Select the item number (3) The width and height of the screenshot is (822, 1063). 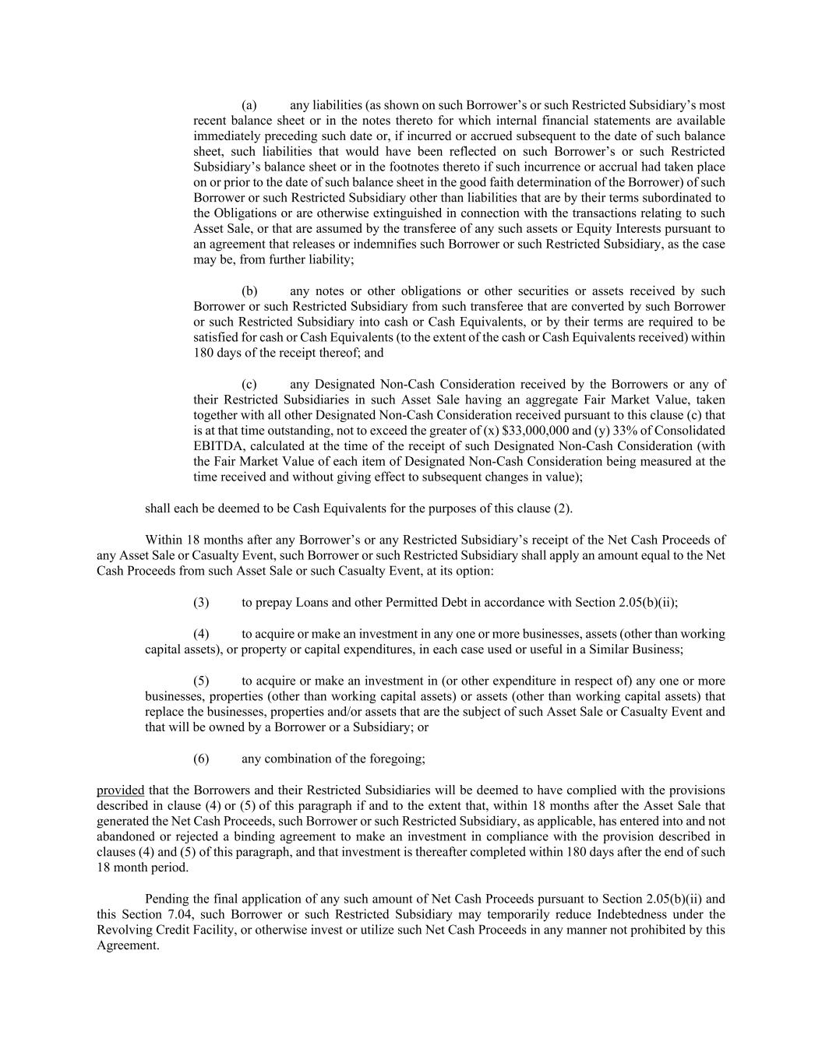tap(201, 602)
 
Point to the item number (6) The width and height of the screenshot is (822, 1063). tap(201, 758)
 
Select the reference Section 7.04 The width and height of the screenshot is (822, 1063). tap(147, 914)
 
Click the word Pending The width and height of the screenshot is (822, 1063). tap(167, 899)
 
